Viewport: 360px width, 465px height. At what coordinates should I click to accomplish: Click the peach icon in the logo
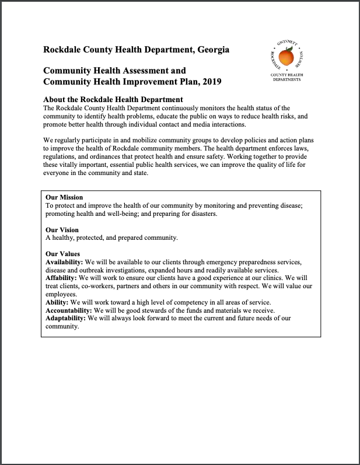pyautogui.click(x=286, y=58)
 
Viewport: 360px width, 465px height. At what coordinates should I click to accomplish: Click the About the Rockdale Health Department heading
pyautogui.click(x=113, y=99)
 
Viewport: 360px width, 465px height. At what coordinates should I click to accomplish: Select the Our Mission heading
pyautogui.click(x=64, y=198)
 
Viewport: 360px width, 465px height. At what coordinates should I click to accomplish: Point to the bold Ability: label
pyautogui.click(x=57, y=302)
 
